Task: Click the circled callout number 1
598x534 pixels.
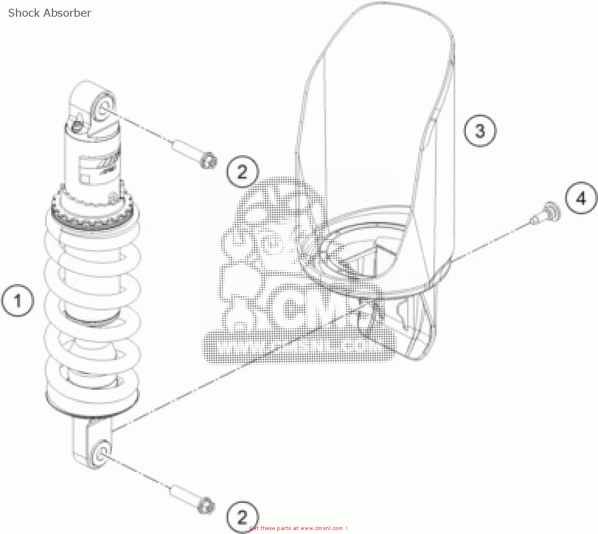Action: [18, 301]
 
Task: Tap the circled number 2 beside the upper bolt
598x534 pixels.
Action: [242, 172]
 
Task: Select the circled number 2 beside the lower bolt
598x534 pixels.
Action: [242, 517]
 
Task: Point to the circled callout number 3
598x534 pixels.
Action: [480, 131]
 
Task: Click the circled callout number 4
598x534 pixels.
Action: [581, 198]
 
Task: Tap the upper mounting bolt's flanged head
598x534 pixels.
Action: [208, 160]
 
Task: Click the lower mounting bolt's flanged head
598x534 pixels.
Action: [206, 506]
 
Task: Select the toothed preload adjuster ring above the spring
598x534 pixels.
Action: [95, 217]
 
